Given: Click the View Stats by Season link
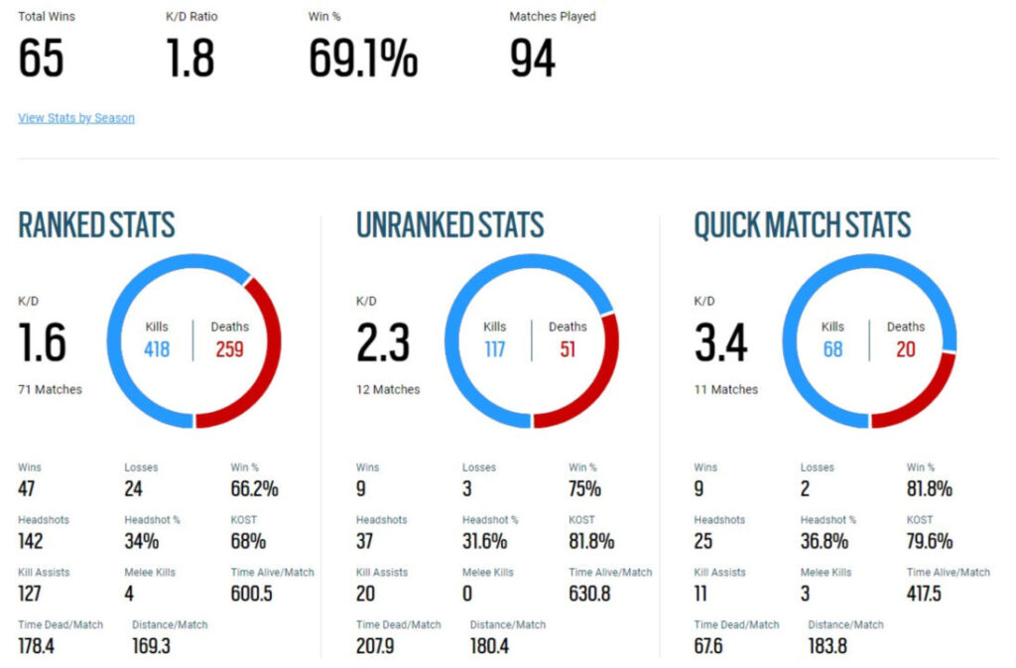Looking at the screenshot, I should click(76, 118).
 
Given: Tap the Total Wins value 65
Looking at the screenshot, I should click(41, 59).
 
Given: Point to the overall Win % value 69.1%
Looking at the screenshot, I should click(363, 59).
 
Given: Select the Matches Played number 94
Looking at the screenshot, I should click(533, 59).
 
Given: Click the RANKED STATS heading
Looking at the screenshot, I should click(96, 225).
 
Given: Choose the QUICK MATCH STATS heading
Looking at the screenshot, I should click(802, 225).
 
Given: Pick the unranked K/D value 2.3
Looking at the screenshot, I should click(383, 343).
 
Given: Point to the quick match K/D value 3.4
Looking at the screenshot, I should click(721, 343).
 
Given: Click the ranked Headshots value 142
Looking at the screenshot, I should click(31, 541).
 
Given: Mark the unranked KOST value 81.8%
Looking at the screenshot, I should click(591, 541).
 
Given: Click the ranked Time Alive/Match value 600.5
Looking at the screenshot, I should click(252, 594).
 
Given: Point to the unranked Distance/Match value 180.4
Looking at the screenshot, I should click(490, 645).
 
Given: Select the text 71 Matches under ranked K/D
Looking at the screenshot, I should click(50, 390).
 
